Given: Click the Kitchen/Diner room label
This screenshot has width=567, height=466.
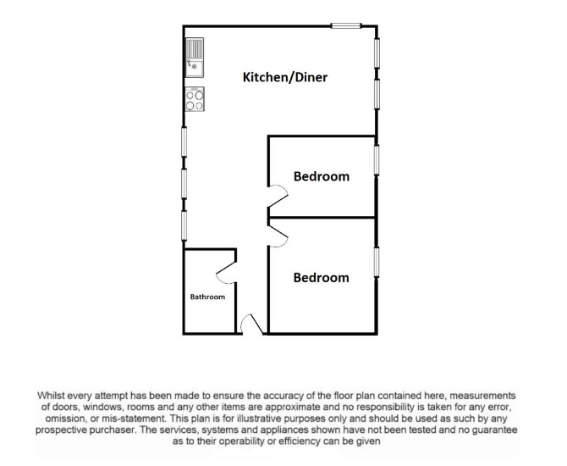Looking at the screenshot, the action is pyautogui.click(x=285, y=77).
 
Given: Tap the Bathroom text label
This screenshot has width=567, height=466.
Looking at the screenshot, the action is pyautogui.click(x=207, y=297).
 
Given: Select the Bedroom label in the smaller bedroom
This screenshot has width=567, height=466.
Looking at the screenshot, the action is pyautogui.click(x=322, y=176).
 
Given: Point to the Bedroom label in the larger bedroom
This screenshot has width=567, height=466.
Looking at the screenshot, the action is pyautogui.click(x=321, y=278).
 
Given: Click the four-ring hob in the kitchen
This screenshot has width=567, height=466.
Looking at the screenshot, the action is pyautogui.click(x=195, y=99).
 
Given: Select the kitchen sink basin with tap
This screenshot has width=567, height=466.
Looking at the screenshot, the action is pyautogui.click(x=195, y=68).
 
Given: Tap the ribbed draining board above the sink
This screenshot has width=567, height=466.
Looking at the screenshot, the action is pyautogui.click(x=195, y=48).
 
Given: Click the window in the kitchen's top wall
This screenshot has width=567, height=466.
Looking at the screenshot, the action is pyautogui.click(x=346, y=25).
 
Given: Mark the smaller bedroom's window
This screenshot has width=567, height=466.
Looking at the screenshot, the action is pyautogui.click(x=377, y=160).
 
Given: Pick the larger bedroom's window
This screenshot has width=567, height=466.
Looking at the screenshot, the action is pyautogui.click(x=377, y=262).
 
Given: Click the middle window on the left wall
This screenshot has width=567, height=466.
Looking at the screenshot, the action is pyautogui.click(x=184, y=184).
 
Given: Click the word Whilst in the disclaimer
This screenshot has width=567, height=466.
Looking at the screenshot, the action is pyautogui.click(x=51, y=395).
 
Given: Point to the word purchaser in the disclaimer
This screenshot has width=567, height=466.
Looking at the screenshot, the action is pyautogui.click(x=113, y=430).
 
